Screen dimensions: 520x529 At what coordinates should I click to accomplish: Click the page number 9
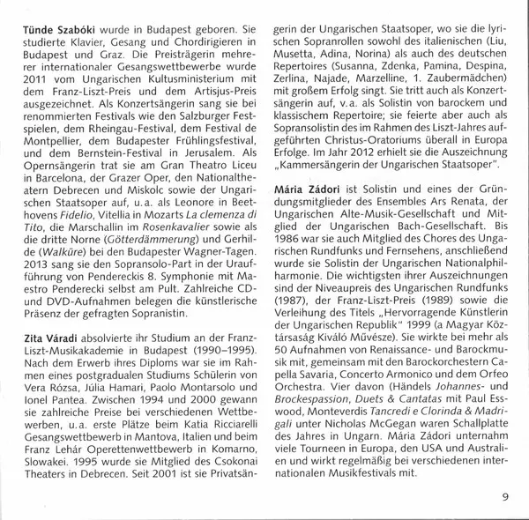(x=505, y=496)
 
